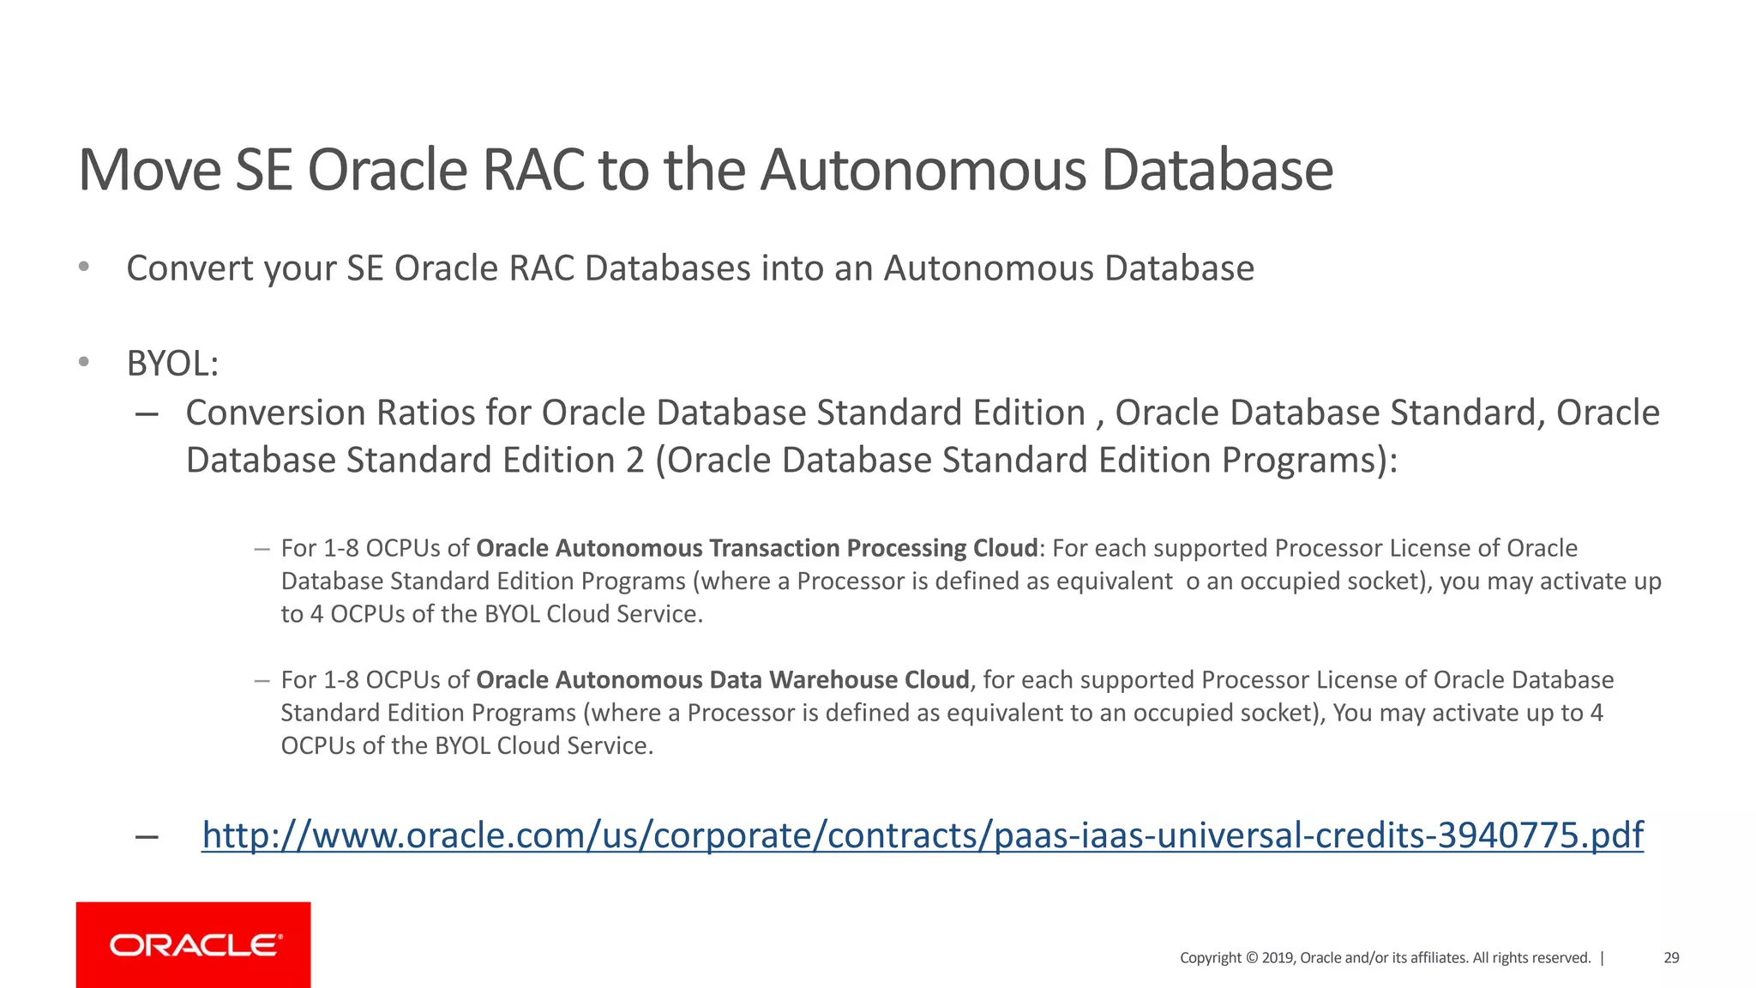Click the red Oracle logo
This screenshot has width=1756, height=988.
coord(193,944)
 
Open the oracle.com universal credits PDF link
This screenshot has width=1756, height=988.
coord(922,835)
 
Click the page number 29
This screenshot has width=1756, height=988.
coord(1671,958)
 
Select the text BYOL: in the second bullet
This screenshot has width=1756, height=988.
coord(172,364)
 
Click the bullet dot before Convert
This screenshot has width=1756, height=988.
coord(84,267)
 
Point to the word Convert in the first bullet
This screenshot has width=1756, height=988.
coord(189,268)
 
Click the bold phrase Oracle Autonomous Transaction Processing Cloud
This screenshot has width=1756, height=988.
coord(756,548)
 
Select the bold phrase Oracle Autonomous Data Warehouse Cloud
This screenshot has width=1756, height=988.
coord(722,680)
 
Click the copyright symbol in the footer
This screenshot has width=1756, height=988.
coord(1251,958)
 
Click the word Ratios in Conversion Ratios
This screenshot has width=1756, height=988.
coord(425,413)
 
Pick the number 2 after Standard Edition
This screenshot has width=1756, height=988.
coord(634,461)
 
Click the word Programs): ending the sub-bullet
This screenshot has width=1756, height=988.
coord(1309,461)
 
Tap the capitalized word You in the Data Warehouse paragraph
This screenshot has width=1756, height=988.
coord(1352,713)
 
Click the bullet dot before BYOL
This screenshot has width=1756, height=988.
coord(84,362)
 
